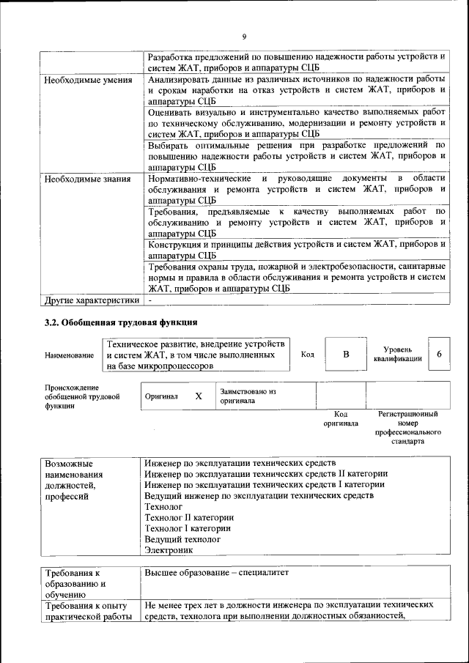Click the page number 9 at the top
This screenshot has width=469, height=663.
click(x=244, y=37)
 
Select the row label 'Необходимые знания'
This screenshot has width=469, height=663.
click(x=87, y=178)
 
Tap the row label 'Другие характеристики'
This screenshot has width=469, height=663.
click(x=91, y=300)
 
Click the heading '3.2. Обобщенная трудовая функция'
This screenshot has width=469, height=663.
click(x=121, y=322)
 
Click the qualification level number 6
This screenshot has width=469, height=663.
click(x=438, y=355)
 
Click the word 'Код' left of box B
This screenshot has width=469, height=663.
click(x=308, y=355)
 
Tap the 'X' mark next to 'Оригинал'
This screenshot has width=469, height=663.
click(x=198, y=396)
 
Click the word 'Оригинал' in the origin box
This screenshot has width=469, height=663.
click(x=161, y=396)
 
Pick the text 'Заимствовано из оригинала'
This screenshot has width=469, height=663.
click(x=248, y=396)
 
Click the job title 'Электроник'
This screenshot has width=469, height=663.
click(x=168, y=549)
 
